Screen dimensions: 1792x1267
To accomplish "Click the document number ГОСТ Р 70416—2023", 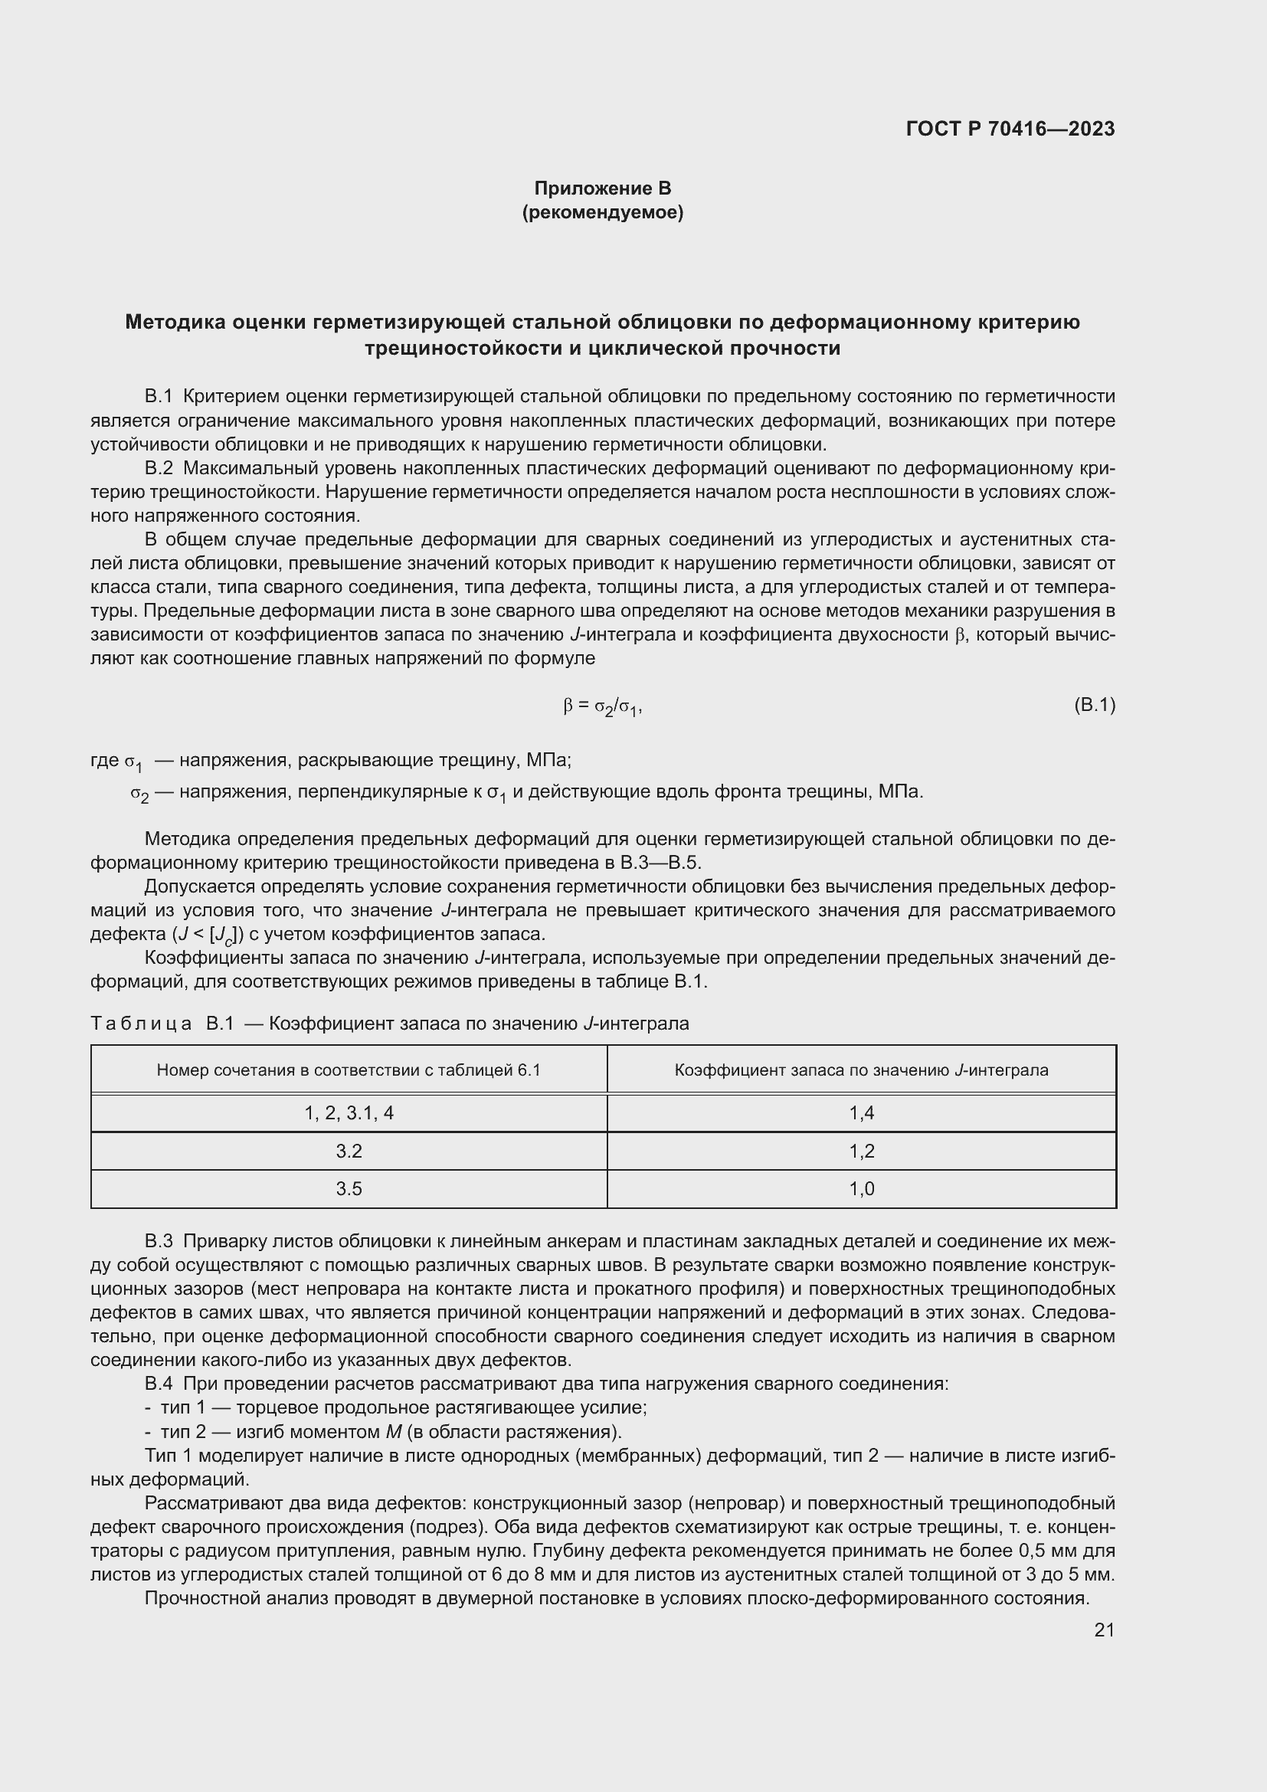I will tap(1010, 129).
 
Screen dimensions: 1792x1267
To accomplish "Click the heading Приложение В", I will tap(602, 188).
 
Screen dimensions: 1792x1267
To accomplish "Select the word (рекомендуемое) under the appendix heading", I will tap(602, 212).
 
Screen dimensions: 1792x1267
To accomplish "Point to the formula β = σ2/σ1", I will tap(602, 706).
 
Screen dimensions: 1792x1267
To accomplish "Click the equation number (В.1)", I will tap(1095, 706).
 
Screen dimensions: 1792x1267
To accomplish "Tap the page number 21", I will tap(1104, 1630).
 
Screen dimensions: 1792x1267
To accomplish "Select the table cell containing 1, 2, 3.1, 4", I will tap(349, 1113).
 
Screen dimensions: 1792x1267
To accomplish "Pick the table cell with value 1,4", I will tap(861, 1113).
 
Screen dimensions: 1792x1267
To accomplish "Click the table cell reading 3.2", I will tap(349, 1152).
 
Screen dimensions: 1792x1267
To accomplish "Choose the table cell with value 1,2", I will tap(861, 1152).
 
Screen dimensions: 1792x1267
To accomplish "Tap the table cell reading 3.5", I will tap(349, 1189).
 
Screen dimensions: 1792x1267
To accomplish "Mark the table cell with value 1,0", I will tap(861, 1189).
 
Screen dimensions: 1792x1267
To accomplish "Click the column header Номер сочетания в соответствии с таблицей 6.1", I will tap(349, 1070).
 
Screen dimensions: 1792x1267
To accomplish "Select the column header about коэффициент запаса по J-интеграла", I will tap(861, 1070).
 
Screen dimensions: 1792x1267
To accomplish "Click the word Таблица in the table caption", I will tap(141, 1024).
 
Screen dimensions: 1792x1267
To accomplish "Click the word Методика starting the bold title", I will tap(174, 323).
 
